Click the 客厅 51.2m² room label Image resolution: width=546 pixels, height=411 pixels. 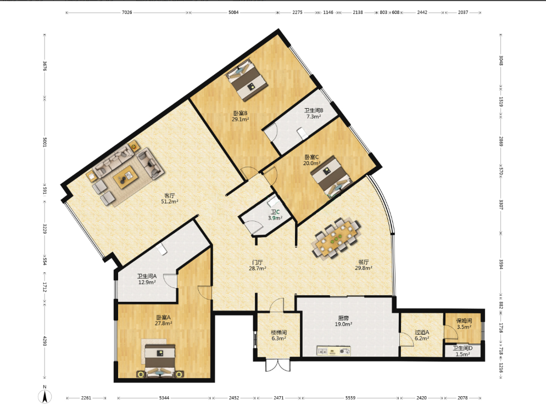click(x=170, y=199)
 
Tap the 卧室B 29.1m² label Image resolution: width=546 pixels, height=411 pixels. click(x=240, y=116)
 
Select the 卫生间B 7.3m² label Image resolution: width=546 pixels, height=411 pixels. click(x=314, y=114)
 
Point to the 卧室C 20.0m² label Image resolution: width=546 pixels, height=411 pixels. click(x=311, y=160)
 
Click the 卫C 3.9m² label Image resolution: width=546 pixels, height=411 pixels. click(x=275, y=215)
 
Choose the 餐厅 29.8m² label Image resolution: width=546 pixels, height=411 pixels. click(x=364, y=265)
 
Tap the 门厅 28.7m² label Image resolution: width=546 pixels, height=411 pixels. click(x=257, y=265)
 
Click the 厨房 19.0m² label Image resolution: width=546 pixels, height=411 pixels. click(x=343, y=321)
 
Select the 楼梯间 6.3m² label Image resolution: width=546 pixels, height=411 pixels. click(x=278, y=335)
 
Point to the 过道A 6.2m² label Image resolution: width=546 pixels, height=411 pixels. click(x=422, y=335)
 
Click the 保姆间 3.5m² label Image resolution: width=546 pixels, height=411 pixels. click(x=464, y=324)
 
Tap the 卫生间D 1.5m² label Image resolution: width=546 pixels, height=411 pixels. click(x=463, y=351)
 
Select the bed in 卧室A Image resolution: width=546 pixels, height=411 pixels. click(x=160, y=361)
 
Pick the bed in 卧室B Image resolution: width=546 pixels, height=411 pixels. click(x=247, y=79)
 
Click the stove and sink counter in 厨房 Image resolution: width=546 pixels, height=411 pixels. click(x=333, y=351)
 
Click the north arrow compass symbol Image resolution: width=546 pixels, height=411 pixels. click(x=44, y=395)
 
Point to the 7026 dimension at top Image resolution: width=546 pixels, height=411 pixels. click(x=127, y=13)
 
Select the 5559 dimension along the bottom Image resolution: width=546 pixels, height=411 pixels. click(x=350, y=398)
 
